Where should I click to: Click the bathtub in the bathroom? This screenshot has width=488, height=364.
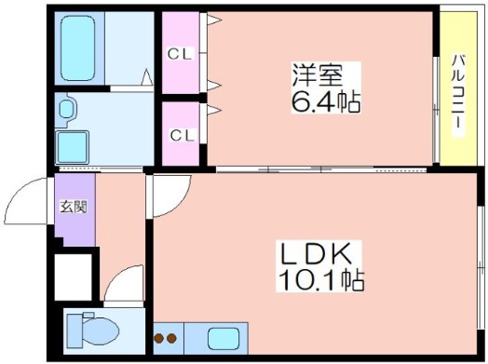click(78, 48)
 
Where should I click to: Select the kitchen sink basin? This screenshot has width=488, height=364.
click(224, 339)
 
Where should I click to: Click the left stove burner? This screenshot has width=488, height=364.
click(159, 338)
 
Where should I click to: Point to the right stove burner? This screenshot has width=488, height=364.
click(171, 338)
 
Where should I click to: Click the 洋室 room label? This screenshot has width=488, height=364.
click(318, 75)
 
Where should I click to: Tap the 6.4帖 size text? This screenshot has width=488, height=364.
click(326, 101)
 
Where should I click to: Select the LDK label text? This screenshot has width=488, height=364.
click(317, 253)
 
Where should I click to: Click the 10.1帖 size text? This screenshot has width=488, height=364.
click(321, 280)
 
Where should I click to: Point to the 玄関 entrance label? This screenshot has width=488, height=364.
click(74, 207)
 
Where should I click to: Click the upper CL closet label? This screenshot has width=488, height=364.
click(179, 54)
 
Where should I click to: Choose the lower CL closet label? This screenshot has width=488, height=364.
click(182, 135)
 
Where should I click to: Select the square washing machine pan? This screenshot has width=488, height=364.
click(73, 147)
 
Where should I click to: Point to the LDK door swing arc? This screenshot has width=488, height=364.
click(178, 203)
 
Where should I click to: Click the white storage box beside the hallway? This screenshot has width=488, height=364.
click(74, 277)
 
